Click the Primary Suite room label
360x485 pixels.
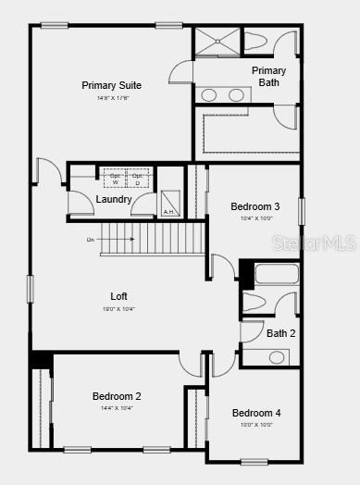[x=111, y=85]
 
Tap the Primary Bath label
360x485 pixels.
[x=269, y=76]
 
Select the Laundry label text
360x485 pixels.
[x=114, y=199]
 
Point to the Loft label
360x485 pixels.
[x=118, y=296]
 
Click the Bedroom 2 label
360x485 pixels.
[x=118, y=396]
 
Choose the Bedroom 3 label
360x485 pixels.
[x=254, y=206]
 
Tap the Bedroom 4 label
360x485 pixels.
[x=256, y=413]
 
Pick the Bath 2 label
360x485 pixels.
[x=280, y=333]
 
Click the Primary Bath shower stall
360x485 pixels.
[x=216, y=43]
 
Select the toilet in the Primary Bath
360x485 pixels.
[x=256, y=43]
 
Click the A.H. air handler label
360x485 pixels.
[x=168, y=212]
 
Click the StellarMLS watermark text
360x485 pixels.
[x=324, y=243]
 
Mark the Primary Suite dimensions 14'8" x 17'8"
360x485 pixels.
[x=111, y=97]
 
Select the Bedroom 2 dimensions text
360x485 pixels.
[x=118, y=408]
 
